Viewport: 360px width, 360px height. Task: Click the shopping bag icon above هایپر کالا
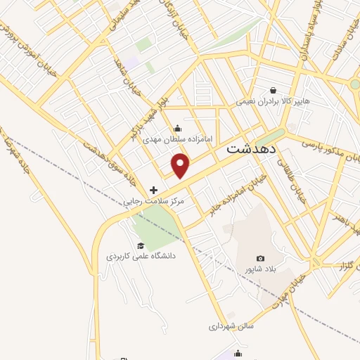[x=274, y=91]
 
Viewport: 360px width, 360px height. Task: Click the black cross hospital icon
[x=154, y=190]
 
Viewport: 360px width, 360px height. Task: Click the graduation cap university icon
[x=141, y=245]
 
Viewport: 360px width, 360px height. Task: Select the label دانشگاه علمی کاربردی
[x=141, y=256]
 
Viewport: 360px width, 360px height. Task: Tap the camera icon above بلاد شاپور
[x=261, y=259]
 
